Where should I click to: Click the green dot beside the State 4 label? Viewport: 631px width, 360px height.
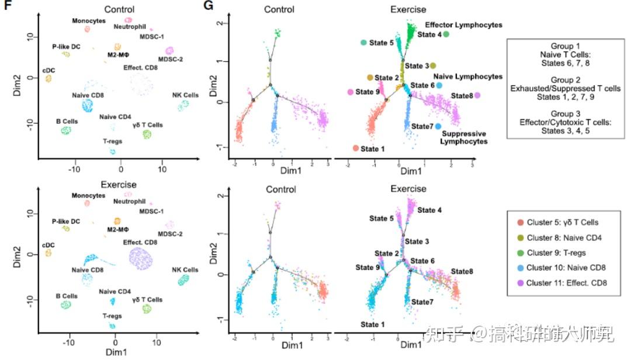446,34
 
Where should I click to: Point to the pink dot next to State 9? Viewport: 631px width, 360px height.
350,92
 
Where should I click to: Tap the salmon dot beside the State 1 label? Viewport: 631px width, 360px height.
355,148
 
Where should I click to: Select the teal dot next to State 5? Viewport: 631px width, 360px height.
363,43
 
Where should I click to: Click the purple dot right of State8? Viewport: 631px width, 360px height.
477,95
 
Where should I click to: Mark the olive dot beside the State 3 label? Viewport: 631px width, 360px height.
433,65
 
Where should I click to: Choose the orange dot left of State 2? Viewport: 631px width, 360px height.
370,78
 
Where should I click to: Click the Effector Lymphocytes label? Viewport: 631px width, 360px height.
463,25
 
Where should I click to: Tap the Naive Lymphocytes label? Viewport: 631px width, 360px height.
467,77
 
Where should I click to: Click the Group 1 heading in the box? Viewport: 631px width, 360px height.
566,46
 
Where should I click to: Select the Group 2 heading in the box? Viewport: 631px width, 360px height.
566,79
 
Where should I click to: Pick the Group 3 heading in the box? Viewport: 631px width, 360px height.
566,113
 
